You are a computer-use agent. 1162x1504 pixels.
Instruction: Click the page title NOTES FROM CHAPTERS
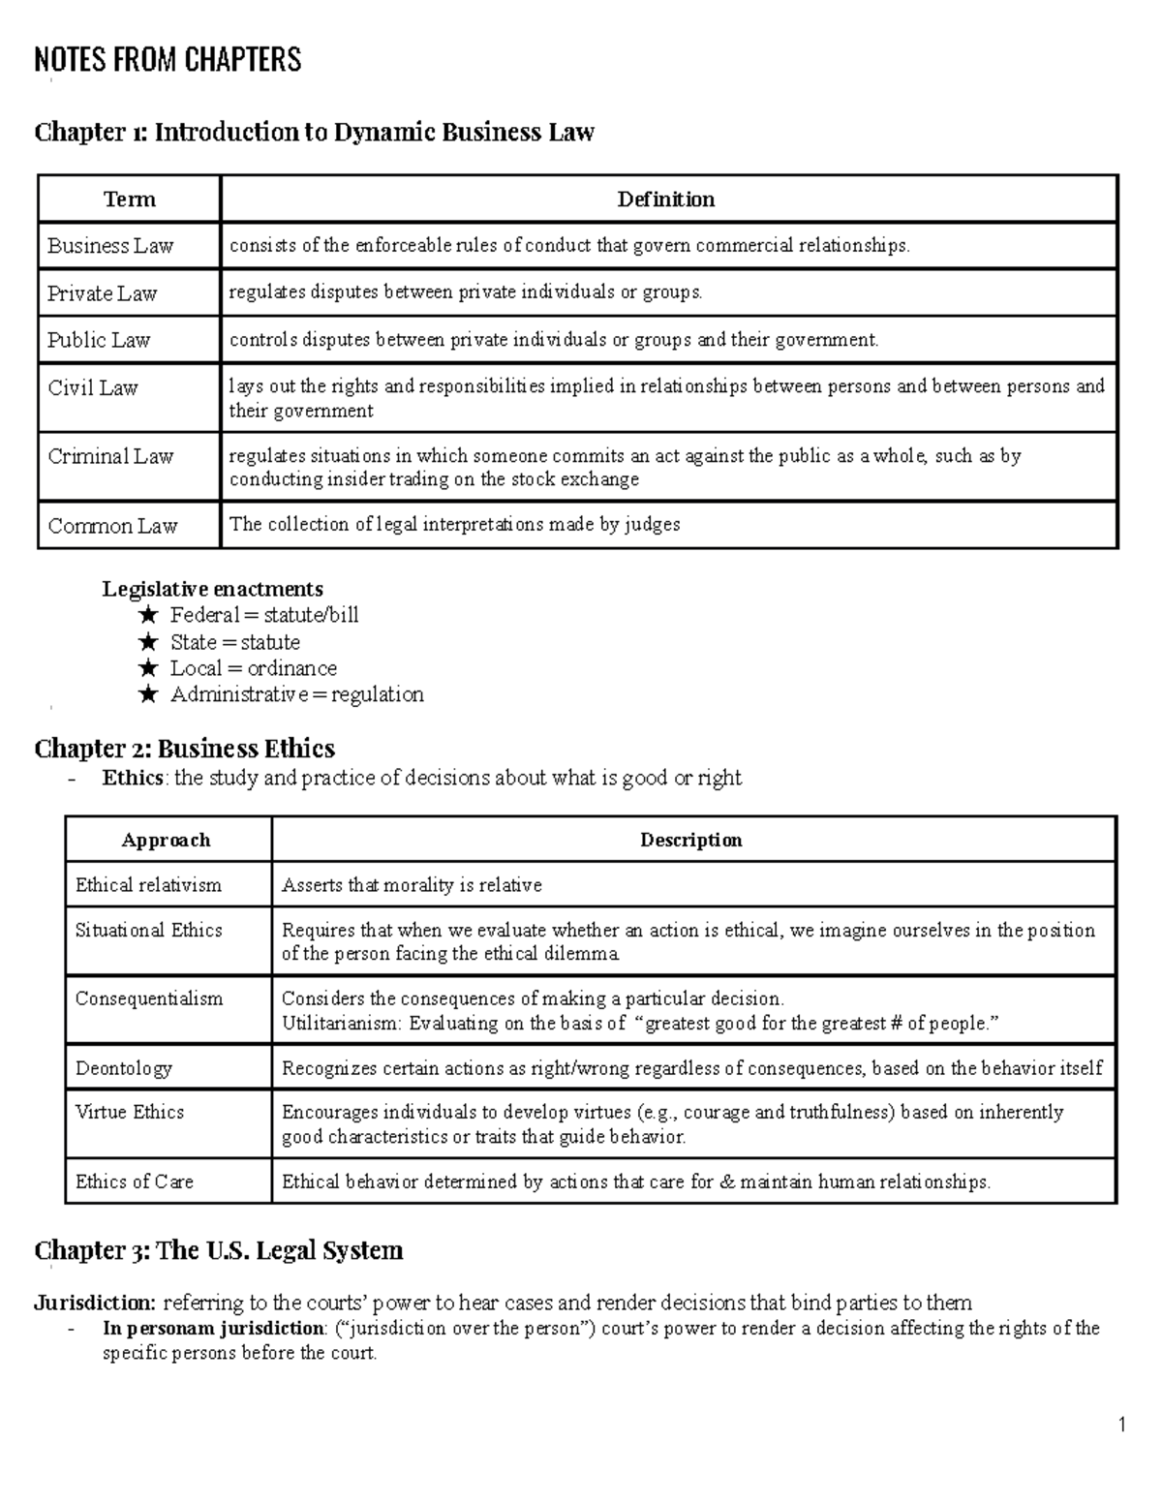click(168, 60)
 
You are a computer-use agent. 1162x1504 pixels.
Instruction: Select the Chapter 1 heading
click(314, 132)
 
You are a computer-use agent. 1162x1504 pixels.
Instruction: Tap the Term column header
click(130, 200)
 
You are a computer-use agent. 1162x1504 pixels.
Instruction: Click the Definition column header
click(666, 200)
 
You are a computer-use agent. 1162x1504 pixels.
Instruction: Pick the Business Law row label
click(110, 246)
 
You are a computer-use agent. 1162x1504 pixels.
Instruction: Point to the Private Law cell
click(103, 293)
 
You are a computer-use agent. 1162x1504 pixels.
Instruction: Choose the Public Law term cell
click(99, 340)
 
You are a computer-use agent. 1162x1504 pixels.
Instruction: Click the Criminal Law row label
click(110, 456)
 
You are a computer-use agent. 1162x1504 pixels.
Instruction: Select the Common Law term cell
click(112, 526)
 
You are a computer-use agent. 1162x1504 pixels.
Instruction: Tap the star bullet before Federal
click(147, 615)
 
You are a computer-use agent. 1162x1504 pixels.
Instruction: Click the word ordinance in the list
click(291, 668)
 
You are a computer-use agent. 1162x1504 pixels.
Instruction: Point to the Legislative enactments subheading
click(213, 589)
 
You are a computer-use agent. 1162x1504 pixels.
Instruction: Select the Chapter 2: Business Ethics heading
click(184, 749)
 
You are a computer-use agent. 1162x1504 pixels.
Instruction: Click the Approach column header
click(166, 840)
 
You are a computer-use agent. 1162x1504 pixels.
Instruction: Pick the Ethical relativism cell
click(148, 885)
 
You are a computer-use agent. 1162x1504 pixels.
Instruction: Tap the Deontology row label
click(123, 1068)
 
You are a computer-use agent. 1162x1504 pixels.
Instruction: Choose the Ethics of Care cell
click(135, 1182)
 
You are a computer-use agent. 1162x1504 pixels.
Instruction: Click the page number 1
click(1121, 1425)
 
